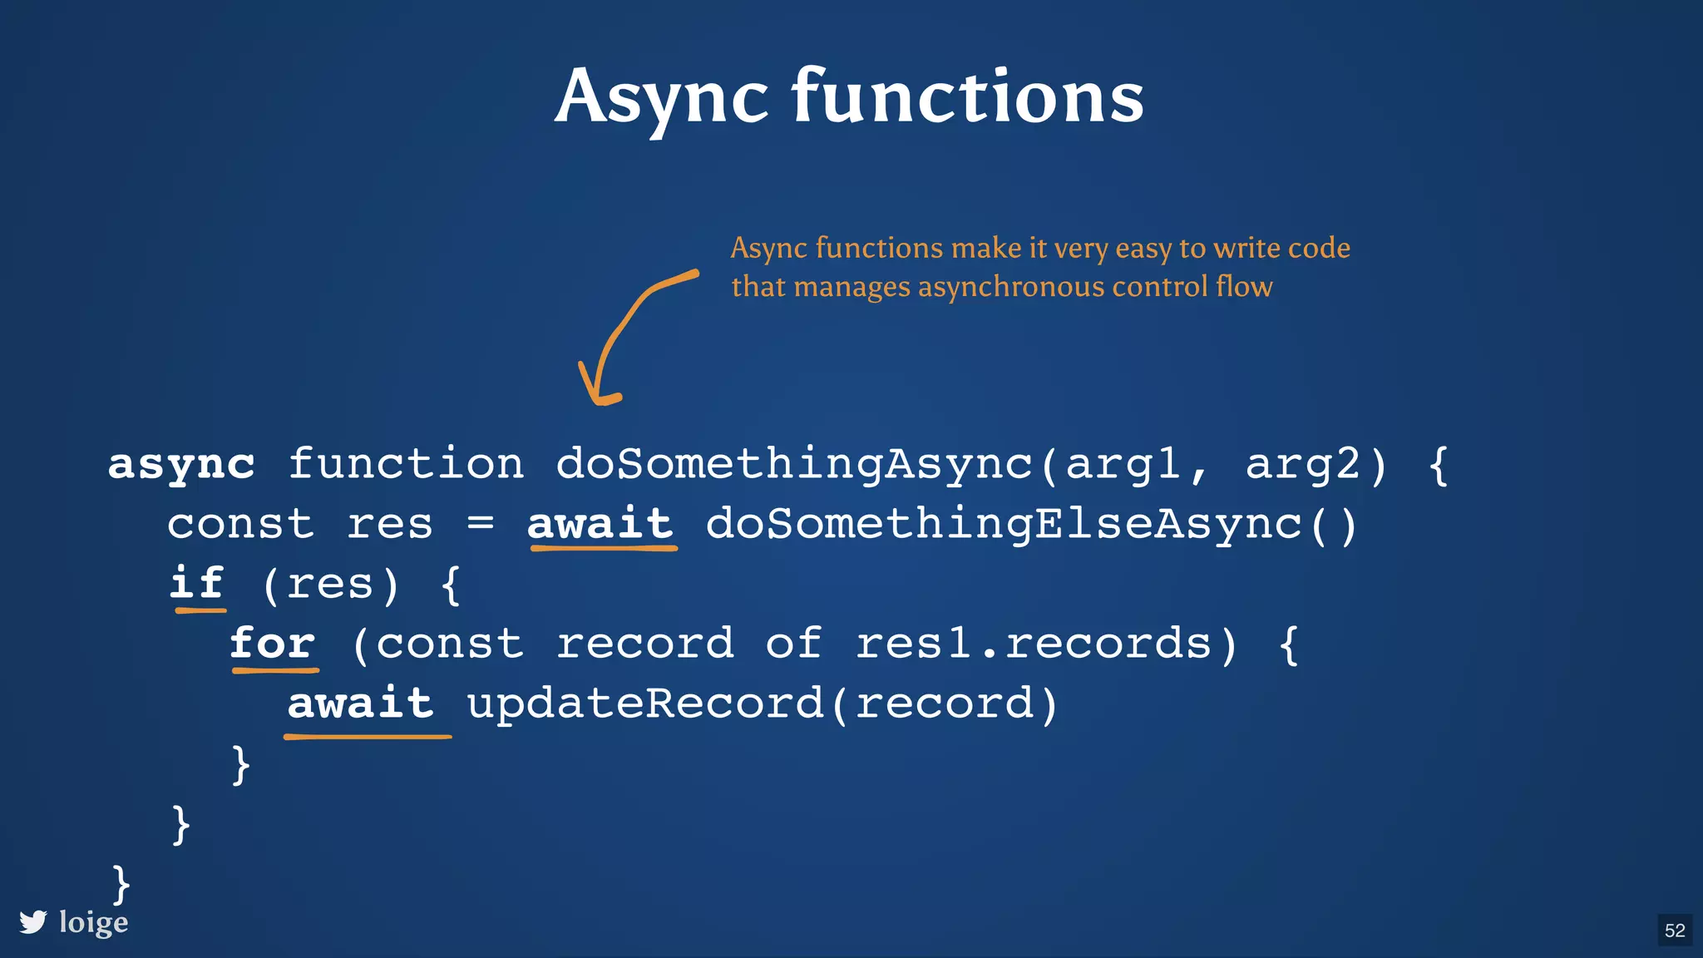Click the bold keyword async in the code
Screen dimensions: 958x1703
[x=181, y=464]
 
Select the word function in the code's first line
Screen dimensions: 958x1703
[x=406, y=463]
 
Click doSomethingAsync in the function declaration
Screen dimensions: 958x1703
[x=793, y=463]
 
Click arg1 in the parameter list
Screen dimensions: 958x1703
[x=1123, y=464]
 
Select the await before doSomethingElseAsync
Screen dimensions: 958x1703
[x=600, y=523]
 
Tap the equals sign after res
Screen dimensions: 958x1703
[x=481, y=523]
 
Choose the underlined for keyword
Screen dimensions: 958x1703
[x=273, y=643]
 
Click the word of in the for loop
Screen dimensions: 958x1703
[x=793, y=643]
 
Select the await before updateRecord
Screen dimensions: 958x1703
[x=361, y=704]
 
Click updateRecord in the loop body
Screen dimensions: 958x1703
[x=645, y=704]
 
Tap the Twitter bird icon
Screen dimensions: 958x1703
[x=33, y=922]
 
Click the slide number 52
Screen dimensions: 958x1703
[x=1675, y=931]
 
